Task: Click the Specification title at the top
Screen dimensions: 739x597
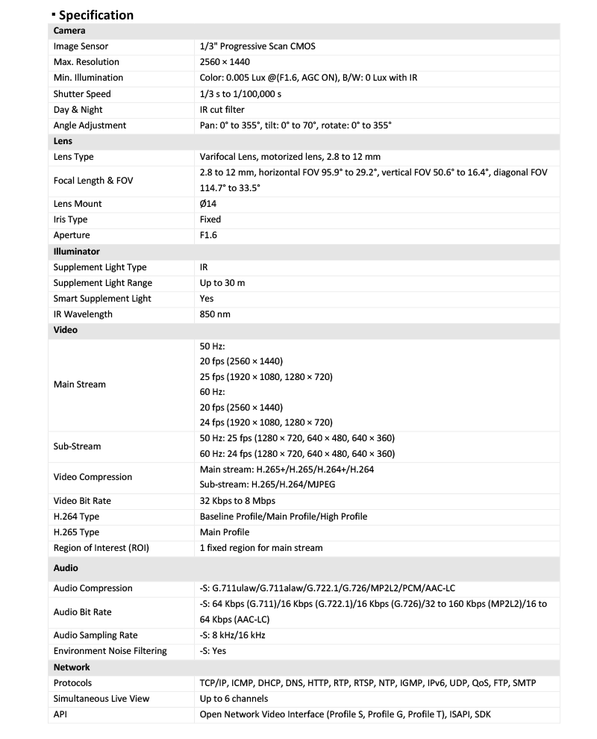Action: point(96,15)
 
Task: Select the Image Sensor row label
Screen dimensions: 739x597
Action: point(81,46)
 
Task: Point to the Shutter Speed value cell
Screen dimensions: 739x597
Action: point(240,94)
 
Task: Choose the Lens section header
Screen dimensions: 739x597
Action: point(63,141)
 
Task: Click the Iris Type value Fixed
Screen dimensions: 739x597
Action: point(210,219)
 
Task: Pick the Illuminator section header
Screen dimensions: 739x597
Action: point(77,252)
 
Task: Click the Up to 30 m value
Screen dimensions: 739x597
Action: point(222,283)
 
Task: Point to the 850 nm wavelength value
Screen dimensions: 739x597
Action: point(215,314)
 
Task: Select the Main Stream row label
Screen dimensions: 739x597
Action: point(80,384)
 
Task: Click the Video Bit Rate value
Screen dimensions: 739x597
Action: point(237,501)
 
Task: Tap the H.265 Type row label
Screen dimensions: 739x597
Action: point(77,532)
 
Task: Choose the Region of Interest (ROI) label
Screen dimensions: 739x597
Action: point(101,548)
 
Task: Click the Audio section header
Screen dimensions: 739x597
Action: point(66,568)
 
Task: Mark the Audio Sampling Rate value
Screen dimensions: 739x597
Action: point(232,635)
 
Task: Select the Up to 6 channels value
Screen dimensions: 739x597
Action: point(234,699)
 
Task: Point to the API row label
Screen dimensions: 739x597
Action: point(60,714)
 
